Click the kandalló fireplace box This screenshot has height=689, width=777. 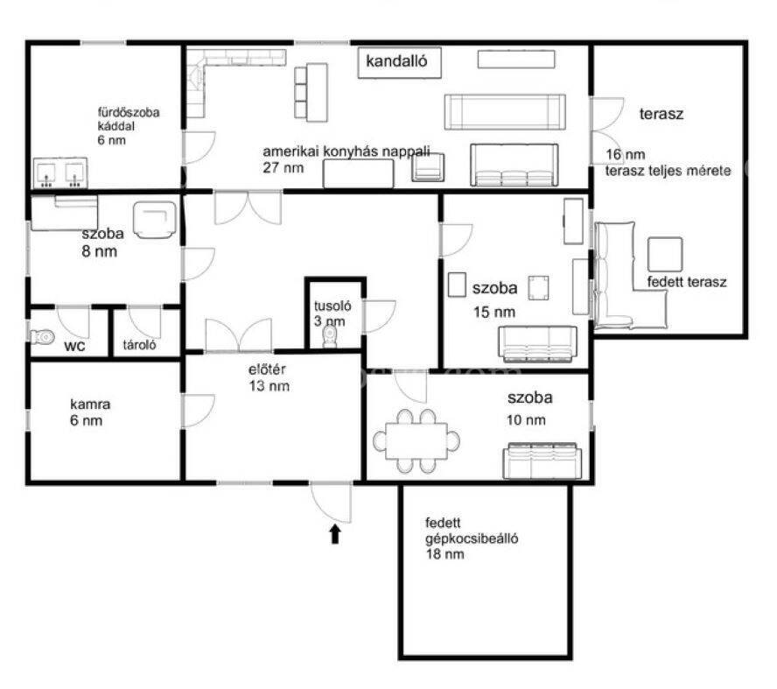(399, 62)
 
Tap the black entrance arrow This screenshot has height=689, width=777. (335, 534)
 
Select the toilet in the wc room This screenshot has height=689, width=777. (43, 336)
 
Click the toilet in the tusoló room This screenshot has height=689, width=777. (330, 337)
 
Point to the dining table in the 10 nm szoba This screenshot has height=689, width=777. (416, 440)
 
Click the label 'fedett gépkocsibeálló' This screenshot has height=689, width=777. (472, 531)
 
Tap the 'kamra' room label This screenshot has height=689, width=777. (90, 404)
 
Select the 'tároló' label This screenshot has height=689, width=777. (139, 345)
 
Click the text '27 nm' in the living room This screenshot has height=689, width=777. (283, 167)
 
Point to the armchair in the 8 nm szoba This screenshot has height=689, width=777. (155, 220)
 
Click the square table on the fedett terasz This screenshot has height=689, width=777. (665, 254)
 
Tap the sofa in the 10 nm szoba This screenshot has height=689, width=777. (542, 461)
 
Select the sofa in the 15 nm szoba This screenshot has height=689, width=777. (537, 343)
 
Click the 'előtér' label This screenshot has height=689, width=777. (267, 369)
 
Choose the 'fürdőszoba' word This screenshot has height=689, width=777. (129, 113)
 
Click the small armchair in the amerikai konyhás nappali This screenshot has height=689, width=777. (428, 167)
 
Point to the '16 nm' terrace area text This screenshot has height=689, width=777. (626, 154)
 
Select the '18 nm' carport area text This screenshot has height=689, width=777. (445, 553)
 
